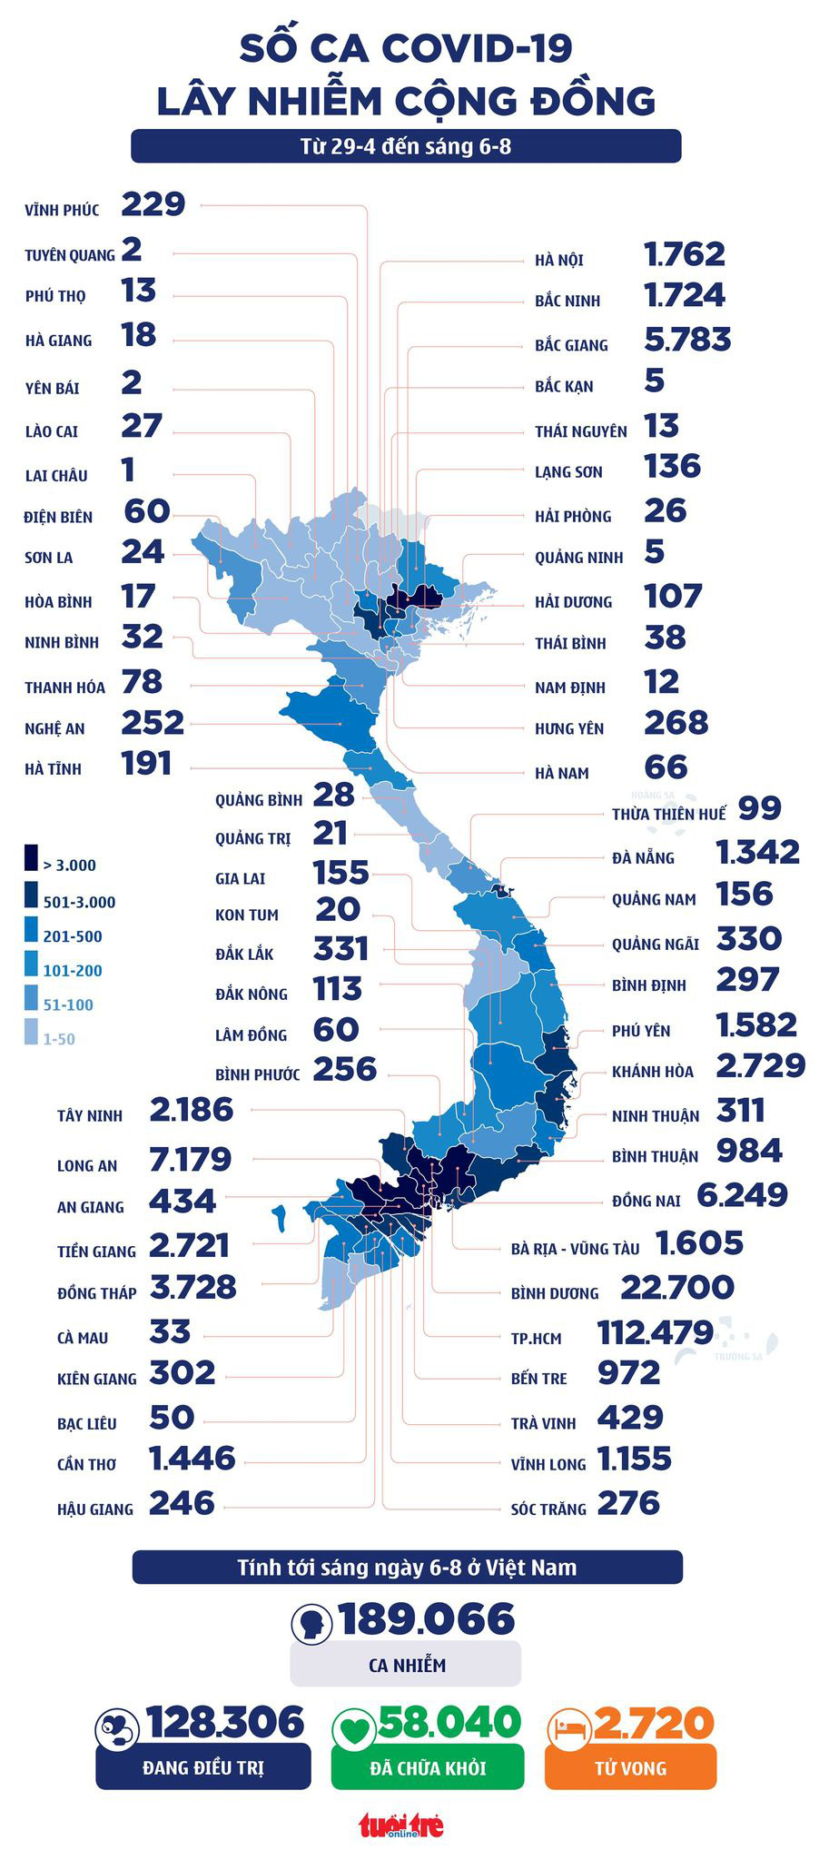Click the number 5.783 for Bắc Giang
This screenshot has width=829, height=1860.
pyautogui.click(x=686, y=340)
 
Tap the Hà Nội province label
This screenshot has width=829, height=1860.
pyautogui.click(x=558, y=261)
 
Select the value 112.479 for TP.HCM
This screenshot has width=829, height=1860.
pyautogui.click(x=655, y=1333)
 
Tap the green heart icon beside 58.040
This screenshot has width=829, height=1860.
pyautogui.click(x=352, y=1727)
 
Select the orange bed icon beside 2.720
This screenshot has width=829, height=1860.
pyautogui.click(x=568, y=1727)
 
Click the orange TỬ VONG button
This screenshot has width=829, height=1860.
pyautogui.click(x=630, y=1767)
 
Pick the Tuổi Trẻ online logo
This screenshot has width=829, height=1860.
pyautogui.click(x=400, y=1824)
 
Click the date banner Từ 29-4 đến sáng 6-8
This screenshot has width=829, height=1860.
pyautogui.click(x=406, y=145)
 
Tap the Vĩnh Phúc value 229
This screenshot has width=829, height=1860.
pyautogui.click(x=153, y=204)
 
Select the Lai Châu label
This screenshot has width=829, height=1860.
pyautogui.click(x=56, y=475)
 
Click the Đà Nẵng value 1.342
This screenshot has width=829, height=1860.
pyautogui.click(x=757, y=853)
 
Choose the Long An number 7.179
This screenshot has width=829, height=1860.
pyautogui.click(x=191, y=1160)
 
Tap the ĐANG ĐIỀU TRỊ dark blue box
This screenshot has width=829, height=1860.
pyautogui.click(x=202, y=1767)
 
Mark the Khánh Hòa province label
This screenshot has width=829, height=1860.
pyautogui.click(x=652, y=1072)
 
